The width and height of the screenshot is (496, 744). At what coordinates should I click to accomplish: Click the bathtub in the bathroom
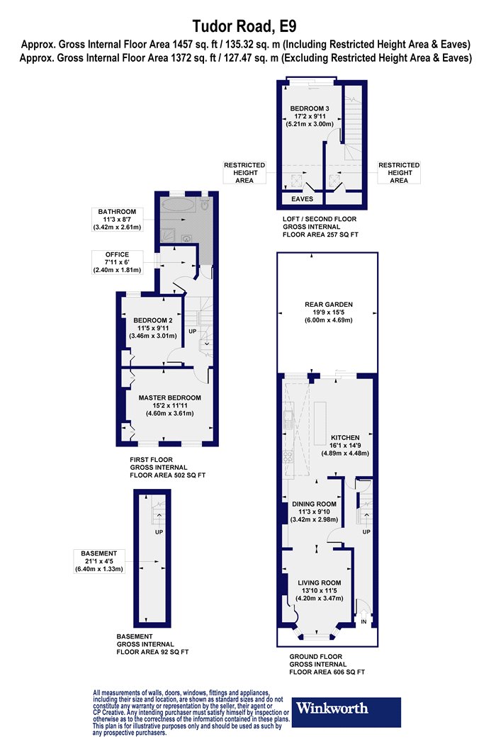click(x=178, y=205)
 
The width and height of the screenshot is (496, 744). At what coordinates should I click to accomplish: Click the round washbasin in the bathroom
click(x=187, y=238)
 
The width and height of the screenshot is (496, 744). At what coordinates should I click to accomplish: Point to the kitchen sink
click(x=287, y=418)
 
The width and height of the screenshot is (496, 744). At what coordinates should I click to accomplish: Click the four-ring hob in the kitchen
click(x=287, y=456)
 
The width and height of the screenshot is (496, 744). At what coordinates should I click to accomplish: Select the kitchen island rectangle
click(x=320, y=417)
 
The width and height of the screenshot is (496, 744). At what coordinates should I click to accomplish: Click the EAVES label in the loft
click(x=302, y=199)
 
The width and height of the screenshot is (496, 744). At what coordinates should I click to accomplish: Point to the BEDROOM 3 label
click(x=310, y=108)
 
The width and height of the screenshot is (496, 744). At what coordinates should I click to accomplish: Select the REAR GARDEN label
click(x=329, y=305)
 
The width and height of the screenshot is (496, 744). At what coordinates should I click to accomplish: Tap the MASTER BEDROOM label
click(x=169, y=398)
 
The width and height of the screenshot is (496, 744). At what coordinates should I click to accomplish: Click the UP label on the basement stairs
click(x=159, y=532)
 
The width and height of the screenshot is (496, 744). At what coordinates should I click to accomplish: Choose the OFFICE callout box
click(x=117, y=262)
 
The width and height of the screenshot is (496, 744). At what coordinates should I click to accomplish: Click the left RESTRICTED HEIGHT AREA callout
click(x=244, y=173)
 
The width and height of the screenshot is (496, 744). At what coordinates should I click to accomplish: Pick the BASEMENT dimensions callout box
click(x=98, y=561)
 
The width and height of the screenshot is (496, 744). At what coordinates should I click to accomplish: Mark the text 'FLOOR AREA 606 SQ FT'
click(x=327, y=672)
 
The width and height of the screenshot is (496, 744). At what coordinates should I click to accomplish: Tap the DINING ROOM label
click(x=314, y=504)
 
